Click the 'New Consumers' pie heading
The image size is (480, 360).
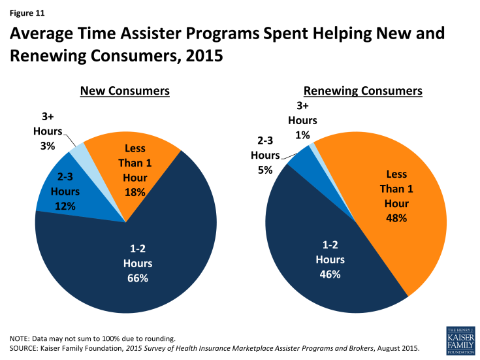tap(125, 91)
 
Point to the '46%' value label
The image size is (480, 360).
tap(330, 274)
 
